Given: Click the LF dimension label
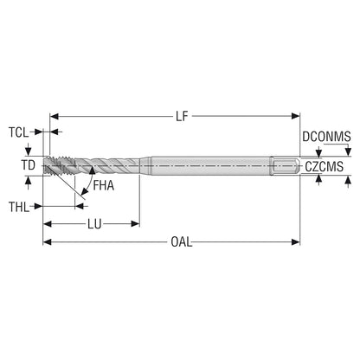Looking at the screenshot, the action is [x=182, y=116].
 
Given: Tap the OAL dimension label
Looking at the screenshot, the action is [x=181, y=242].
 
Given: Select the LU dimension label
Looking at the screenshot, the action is [x=94, y=224].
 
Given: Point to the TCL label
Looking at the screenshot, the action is [x=19, y=132].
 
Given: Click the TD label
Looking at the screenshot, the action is [x=29, y=165].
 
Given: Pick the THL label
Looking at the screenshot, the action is [x=19, y=207].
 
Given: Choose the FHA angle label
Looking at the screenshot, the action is [x=104, y=186].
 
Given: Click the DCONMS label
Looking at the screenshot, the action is [x=326, y=137].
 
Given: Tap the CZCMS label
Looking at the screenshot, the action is [x=325, y=167].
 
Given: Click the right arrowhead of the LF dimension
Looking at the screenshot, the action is [x=296, y=116].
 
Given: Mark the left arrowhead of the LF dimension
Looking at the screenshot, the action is [x=55, y=116].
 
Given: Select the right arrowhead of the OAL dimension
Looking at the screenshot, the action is [x=296, y=242].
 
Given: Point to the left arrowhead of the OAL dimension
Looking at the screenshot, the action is [x=48, y=242].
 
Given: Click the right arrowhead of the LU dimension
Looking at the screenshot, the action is [x=135, y=224].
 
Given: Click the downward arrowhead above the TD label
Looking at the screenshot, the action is [x=28, y=151].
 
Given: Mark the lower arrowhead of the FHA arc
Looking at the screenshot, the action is [x=85, y=190].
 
